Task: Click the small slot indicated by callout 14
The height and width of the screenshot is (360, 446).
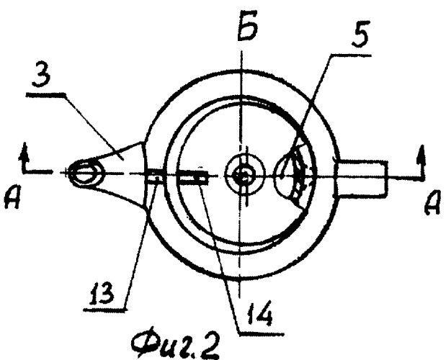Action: pyautogui.click(x=196, y=176)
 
